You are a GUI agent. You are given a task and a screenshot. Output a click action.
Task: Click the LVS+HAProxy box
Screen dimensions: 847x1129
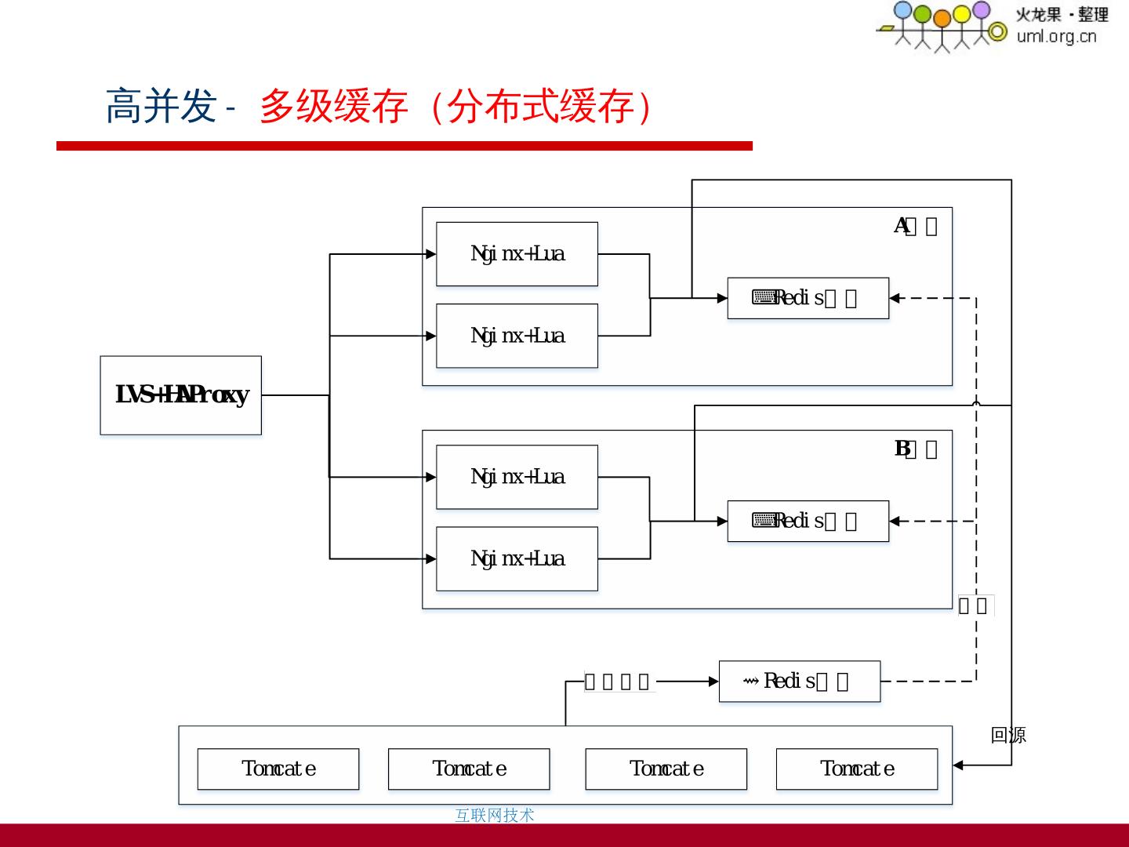[180, 395]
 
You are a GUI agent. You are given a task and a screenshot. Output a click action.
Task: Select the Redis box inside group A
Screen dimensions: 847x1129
[808, 298]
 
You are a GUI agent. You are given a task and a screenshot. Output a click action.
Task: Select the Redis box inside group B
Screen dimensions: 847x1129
[808, 521]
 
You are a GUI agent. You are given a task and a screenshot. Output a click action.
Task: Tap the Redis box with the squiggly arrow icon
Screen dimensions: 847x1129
[799, 681]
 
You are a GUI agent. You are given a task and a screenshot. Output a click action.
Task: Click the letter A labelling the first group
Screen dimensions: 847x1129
[901, 226]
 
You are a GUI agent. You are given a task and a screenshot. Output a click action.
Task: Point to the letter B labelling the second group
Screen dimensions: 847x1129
[902, 449]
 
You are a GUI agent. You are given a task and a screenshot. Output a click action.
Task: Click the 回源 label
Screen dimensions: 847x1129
[1008, 735]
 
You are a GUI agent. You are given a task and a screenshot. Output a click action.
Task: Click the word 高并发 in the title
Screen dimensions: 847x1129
[161, 106]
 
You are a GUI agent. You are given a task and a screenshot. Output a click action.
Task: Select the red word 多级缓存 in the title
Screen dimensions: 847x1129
[333, 106]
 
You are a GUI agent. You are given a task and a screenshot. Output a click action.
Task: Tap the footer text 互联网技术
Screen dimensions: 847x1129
[494, 816]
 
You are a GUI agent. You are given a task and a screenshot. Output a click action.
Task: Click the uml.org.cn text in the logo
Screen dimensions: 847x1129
[1056, 36]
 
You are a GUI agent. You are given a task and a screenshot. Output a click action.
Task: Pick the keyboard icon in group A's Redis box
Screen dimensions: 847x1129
[763, 297]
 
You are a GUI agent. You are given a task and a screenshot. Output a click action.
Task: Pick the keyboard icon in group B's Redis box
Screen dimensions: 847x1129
[763, 520]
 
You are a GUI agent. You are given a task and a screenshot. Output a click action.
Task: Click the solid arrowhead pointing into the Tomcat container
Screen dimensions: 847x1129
[958, 765]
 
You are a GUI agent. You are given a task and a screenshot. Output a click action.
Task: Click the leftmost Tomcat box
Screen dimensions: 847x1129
[278, 769]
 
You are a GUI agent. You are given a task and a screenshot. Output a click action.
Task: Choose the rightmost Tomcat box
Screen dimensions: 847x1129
[856, 769]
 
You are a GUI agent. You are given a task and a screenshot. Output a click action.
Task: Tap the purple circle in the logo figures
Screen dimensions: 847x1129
[981, 10]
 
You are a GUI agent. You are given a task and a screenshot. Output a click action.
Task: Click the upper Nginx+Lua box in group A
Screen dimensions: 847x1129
[517, 254]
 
